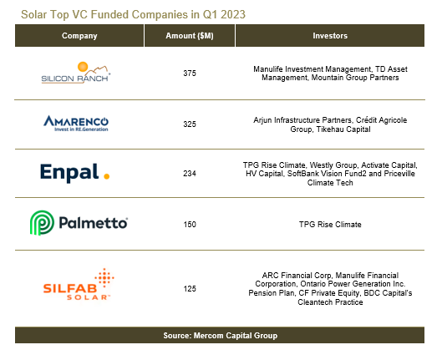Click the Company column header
tap(79, 36)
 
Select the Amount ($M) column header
tap(190, 36)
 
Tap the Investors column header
tap(330, 36)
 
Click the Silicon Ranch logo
tap(76, 73)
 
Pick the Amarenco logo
tap(76, 124)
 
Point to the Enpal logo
tap(74, 173)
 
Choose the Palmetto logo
tap(79, 223)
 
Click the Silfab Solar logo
tap(79, 284)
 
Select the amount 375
tap(190, 74)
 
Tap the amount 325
tap(190, 124)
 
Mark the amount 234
tap(190, 173)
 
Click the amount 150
tap(190, 225)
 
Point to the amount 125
tap(190, 289)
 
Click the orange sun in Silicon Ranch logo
tap(83, 67)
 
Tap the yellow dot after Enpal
tap(107, 176)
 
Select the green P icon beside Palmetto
tap(42, 223)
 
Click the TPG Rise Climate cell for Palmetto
tap(330, 225)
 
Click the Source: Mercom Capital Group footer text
tap(220, 336)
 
